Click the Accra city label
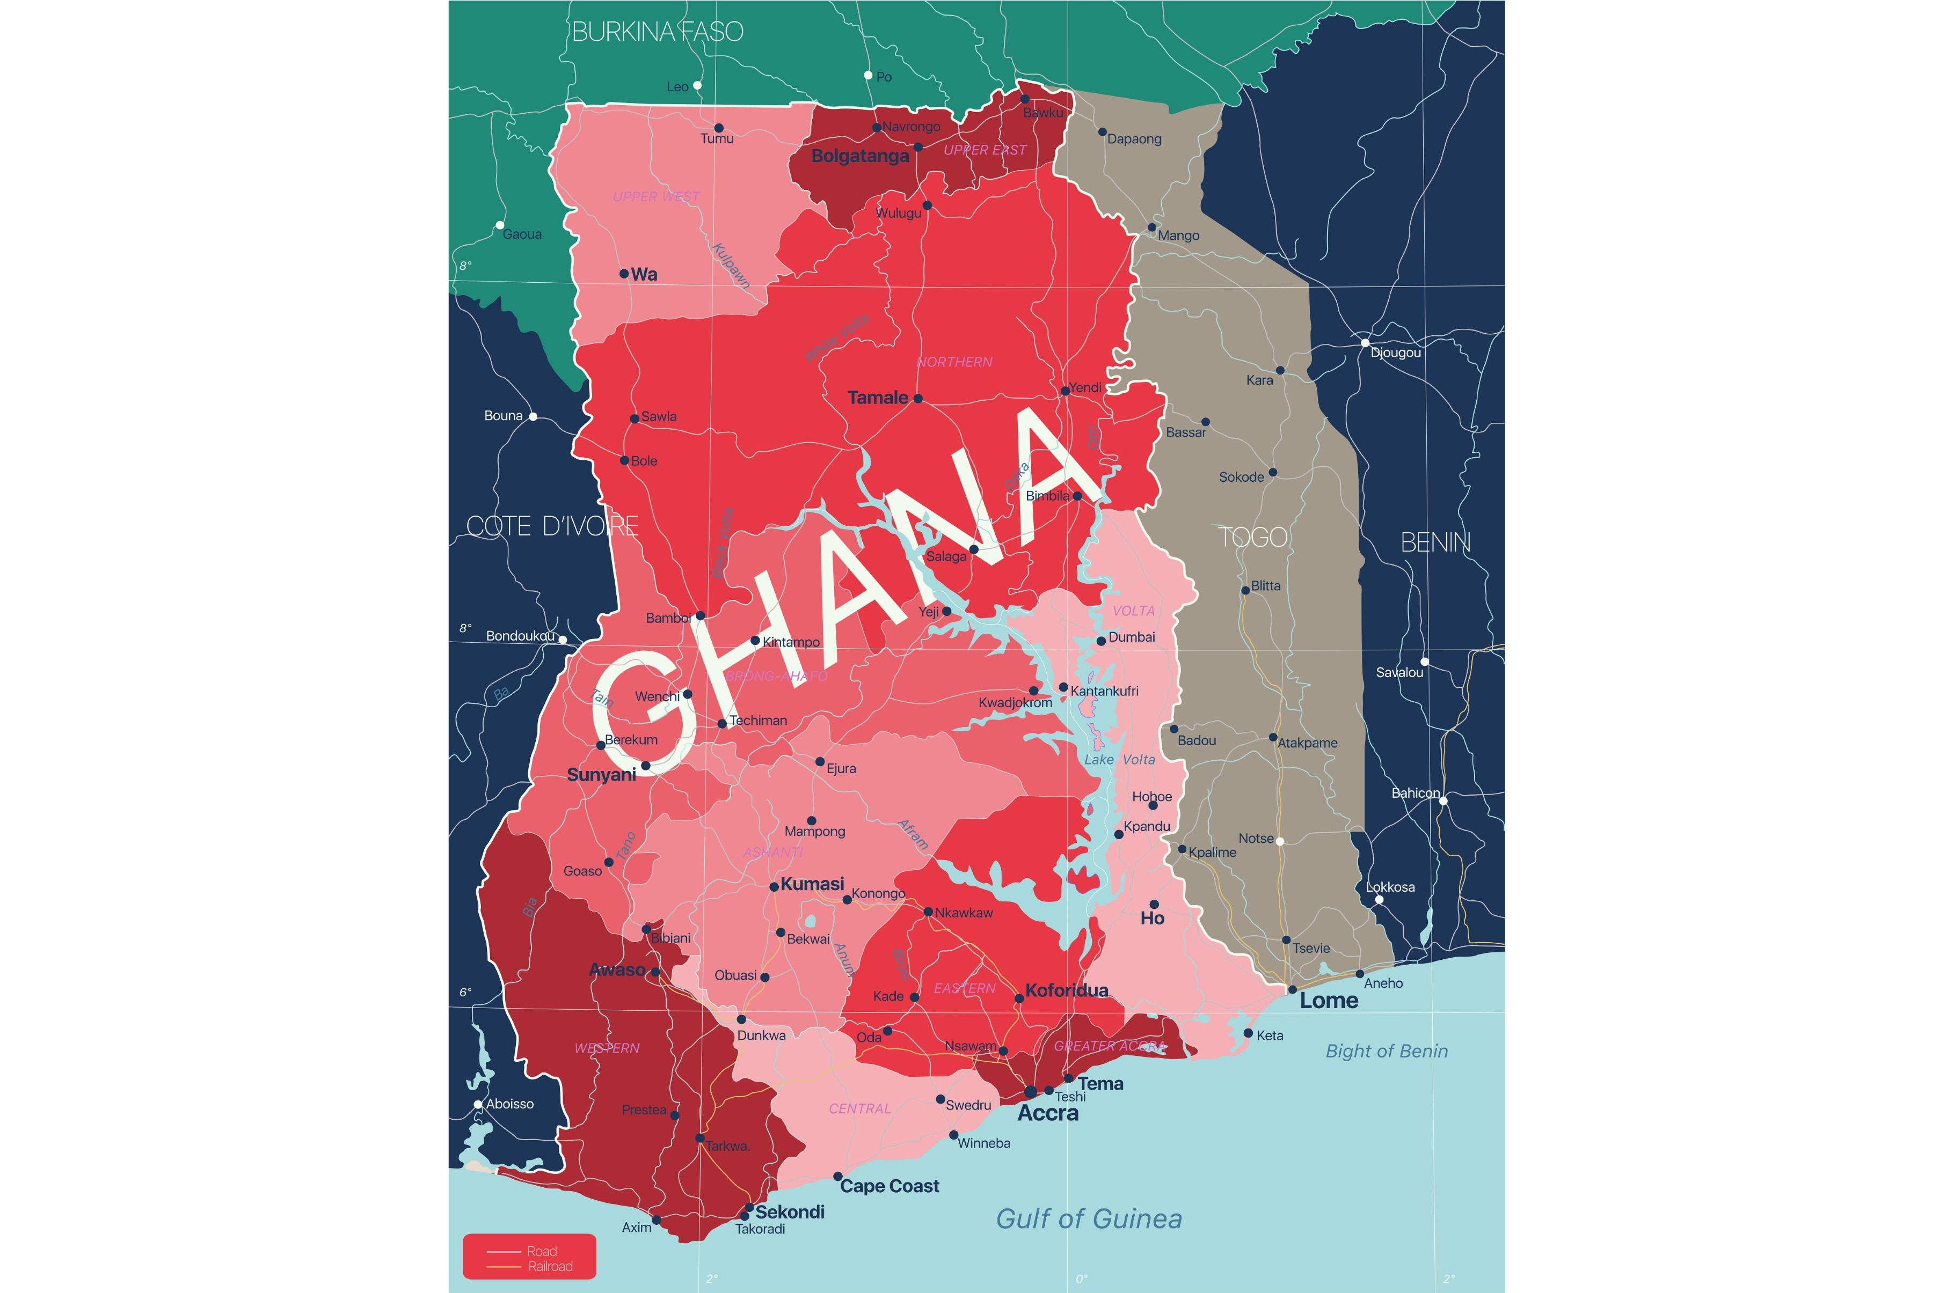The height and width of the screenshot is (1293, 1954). pos(1047,1113)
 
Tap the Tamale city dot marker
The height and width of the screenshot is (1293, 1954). pos(918,398)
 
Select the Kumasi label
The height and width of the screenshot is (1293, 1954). pos(812,884)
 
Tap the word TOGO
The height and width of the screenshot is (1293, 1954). pos(1253,538)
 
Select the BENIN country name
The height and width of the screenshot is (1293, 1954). pos(1435,542)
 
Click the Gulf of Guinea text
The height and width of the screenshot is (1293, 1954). pos(1089,1219)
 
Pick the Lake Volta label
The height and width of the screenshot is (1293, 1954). pos(1119,760)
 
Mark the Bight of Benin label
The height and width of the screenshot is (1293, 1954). pos(1387,1052)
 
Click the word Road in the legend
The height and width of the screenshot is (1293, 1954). pos(542,1251)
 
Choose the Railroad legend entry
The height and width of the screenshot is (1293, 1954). pos(550,1267)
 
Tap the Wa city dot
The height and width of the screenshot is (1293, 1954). pos(624,274)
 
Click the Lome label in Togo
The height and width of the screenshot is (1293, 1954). pos(1329,1001)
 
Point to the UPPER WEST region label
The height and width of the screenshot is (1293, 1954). pos(656,196)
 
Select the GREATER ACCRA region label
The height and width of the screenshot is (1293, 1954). pos(1110,1046)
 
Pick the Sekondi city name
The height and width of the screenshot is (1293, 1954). pos(789,1211)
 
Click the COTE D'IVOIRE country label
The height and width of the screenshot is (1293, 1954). pos(552,526)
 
